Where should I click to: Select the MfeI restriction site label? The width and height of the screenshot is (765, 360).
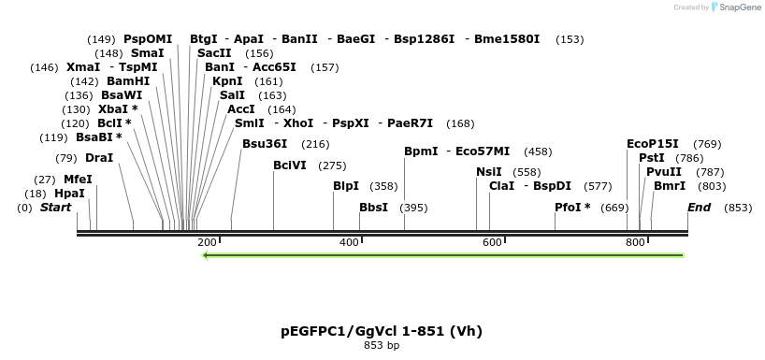click(x=78, y=180)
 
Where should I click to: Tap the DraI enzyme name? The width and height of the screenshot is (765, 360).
click(x=99, y=158)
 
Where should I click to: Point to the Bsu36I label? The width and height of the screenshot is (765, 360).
click(x=265, y=144)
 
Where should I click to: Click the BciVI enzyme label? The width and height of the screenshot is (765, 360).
click(x=289, y=166)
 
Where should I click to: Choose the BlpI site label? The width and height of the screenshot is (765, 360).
click(x=346, y=186)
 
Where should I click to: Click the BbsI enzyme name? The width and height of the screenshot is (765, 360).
click(x=373, y=208)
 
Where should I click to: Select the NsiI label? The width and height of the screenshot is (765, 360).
click(x=489, y=172)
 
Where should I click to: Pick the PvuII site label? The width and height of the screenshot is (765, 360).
click(x=664, y=172)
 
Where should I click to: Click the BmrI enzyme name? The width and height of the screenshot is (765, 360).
click(x=670, y=186)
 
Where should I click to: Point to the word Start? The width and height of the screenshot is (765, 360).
click(x=55, y=208)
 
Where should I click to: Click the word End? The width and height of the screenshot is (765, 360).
click(x=699, y=208)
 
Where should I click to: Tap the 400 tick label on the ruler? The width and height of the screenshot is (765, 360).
click(x=349, y=243)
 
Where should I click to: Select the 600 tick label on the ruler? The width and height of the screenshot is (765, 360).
click(x=492, y=243)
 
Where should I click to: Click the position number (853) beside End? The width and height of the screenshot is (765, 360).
click(x=738, y=208)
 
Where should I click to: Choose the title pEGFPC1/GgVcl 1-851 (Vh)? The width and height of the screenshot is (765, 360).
click(x=382, y=331)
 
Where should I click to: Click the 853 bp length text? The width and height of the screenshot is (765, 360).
click(x=382, y=346)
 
